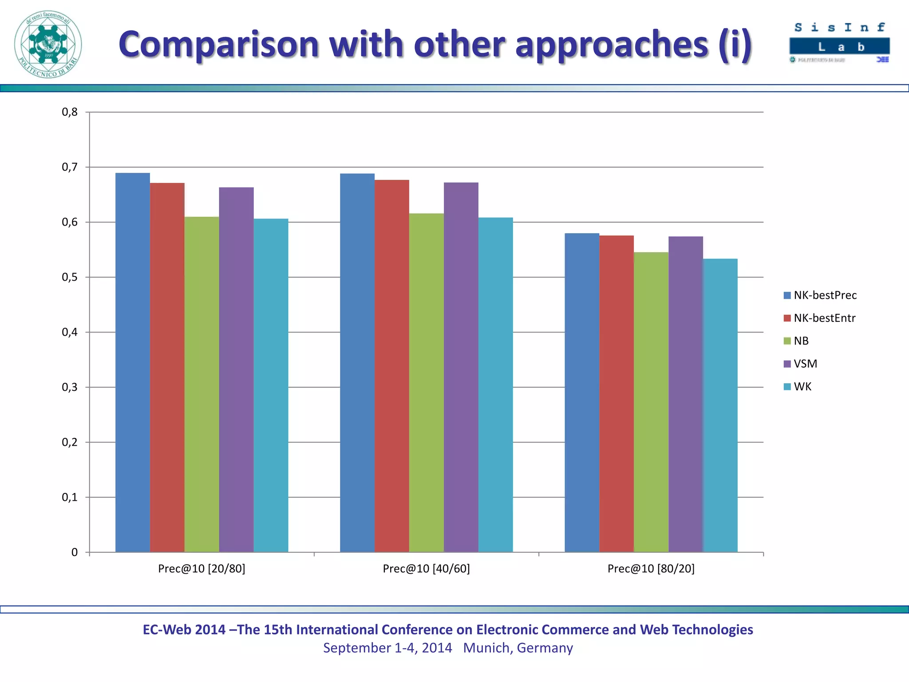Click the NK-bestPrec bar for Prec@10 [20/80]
coord(133,362)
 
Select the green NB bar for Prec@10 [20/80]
coord(202,384)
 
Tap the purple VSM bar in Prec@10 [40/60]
coord(461,367)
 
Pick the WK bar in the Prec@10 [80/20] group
coord(720,405)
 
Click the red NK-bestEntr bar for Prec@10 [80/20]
coord(617,393)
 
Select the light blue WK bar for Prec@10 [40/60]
coord(495,385)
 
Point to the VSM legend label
coord(805,364)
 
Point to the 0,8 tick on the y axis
coord(70,112)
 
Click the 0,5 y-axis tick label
coord(70,278)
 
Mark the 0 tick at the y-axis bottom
coord(74,552)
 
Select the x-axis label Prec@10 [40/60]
coord(426,569)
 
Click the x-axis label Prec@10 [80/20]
coord(651,569)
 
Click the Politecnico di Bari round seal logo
coord(48,44)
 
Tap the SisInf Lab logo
coord(839,43)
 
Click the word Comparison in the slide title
coord(219,44)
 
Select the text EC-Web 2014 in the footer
coord(184,630)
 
